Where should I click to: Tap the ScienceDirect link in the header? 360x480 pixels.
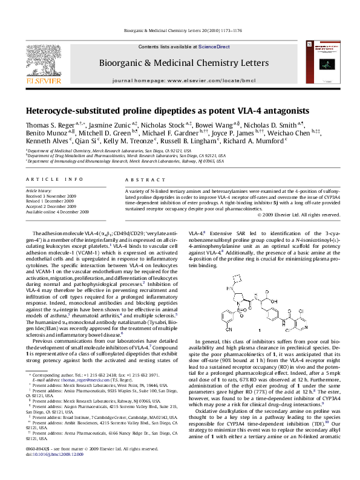(214, 47)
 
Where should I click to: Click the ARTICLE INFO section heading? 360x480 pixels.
(55, 180)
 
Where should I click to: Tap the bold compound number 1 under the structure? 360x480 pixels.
(258, 331)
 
